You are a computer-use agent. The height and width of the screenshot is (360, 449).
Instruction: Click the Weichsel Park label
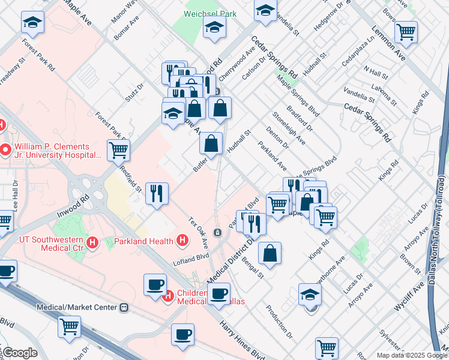pos(210,13)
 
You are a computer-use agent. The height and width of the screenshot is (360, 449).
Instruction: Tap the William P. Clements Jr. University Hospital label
pos(53,151)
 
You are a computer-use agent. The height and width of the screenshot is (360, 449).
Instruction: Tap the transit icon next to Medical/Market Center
pos(124,307)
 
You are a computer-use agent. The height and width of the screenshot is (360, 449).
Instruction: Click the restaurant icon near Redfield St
pos(157,193)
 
